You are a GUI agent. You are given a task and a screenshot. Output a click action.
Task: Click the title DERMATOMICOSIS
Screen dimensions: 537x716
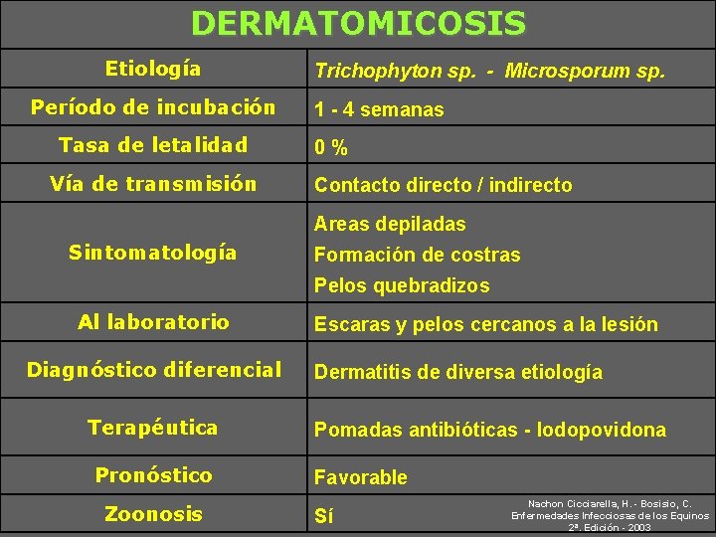(358, 23)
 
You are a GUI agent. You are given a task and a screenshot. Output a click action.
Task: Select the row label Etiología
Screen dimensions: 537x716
(153, 69)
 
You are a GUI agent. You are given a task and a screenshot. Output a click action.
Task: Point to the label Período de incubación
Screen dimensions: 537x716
(153, 106)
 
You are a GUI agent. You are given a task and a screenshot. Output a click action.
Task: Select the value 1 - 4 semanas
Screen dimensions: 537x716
(379, 109)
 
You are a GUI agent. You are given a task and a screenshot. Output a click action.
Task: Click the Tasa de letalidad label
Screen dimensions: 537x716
(153, 145)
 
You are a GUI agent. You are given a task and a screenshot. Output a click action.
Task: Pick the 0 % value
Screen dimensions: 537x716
(331, 148)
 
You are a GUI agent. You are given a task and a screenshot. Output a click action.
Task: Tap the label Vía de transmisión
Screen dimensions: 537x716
(153, 183)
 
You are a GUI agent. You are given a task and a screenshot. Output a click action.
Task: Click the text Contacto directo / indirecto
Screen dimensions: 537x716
(443, 185)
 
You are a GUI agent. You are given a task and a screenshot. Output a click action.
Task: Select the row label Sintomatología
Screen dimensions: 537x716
(153, 253)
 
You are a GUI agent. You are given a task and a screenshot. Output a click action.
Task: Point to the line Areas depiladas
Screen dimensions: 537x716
(390, 224)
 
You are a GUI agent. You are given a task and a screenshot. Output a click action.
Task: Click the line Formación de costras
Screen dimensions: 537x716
(417, 255)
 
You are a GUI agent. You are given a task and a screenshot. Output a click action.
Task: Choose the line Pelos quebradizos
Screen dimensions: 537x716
(402, 285)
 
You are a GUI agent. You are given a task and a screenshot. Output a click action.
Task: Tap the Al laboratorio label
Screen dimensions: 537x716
(153, 321)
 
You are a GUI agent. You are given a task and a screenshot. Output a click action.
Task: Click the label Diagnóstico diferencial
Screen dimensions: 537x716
(153, 370)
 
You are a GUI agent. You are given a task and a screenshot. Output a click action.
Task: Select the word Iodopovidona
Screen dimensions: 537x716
(601, 430)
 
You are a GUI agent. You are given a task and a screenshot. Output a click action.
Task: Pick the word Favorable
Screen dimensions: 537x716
(361, 477)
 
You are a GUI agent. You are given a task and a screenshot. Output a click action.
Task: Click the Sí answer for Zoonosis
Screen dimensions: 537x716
(324, 516)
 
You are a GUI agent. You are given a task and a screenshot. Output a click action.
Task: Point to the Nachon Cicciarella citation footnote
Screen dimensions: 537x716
(610, 515)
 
